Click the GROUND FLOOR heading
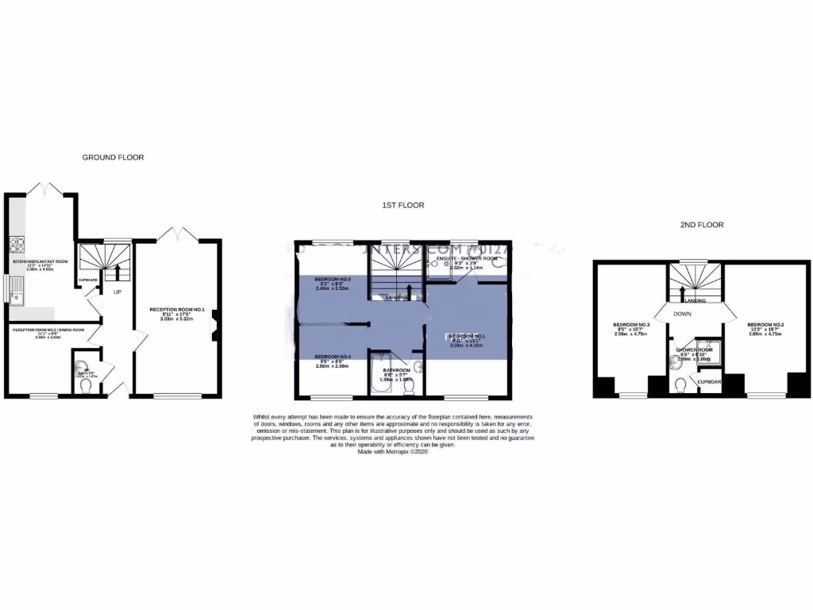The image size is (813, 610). click(113, 157)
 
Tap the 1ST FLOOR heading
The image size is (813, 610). click(403, 205)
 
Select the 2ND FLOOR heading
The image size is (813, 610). click(702, 225)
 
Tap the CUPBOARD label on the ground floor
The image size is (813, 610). click(87, 280)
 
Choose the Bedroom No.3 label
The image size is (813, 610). click(632, 325)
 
